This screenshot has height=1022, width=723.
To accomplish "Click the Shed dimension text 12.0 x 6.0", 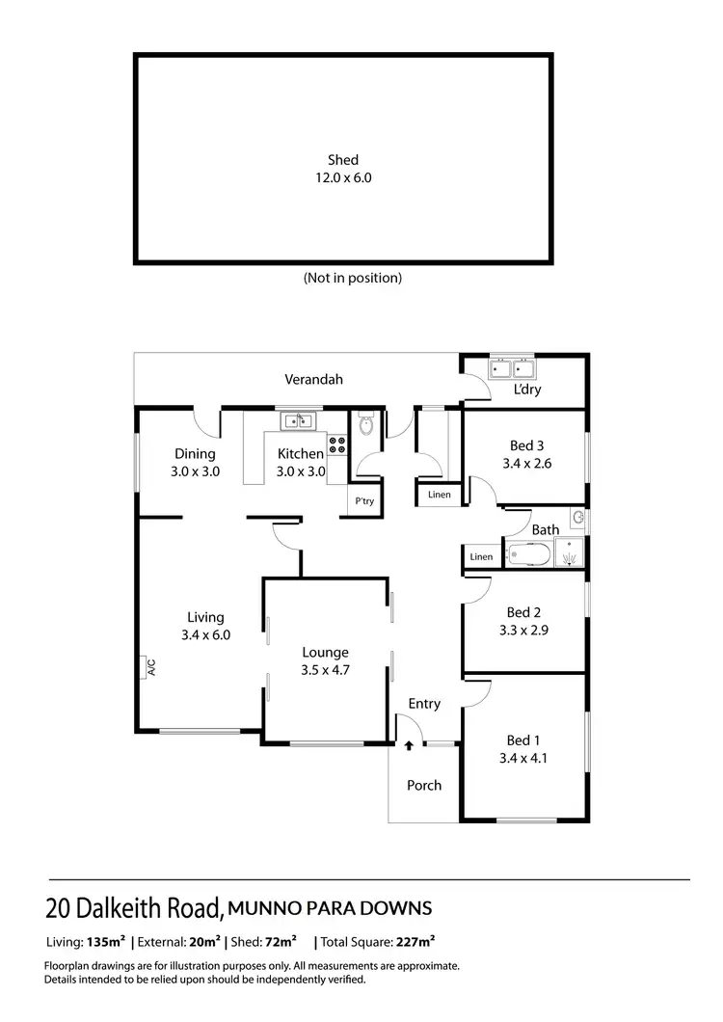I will pos(342,177).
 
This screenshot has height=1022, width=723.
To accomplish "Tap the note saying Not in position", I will pos(352,278).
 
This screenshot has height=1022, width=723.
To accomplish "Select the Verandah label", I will pos(313,380).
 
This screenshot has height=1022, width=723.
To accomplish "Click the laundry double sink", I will pos(512,368).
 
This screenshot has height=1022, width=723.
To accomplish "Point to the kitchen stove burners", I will pos(337,445).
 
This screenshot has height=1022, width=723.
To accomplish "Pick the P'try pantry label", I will pos(363,501).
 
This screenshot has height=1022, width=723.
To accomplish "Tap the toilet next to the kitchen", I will pos(365,425).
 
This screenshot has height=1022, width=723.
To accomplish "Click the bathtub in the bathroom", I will pos(528,555).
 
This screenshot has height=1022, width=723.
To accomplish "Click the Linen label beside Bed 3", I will pos(439,496).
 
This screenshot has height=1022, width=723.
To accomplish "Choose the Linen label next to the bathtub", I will pos(480,557).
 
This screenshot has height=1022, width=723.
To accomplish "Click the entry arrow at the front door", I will pos(409,743).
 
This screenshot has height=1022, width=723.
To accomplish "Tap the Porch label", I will pos(423,785).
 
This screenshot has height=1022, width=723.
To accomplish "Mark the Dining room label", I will pos(195,454).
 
